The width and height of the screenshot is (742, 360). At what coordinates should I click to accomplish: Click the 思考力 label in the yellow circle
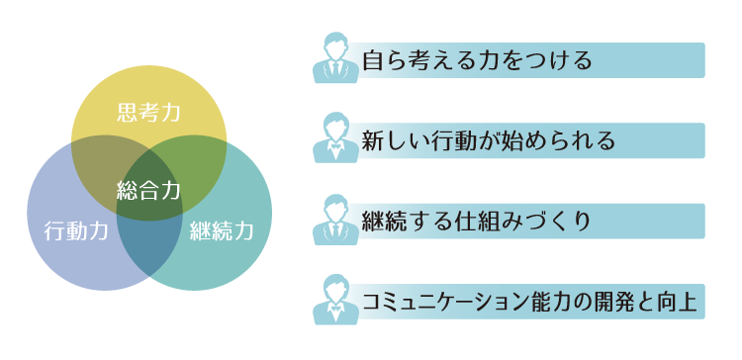[149, 112]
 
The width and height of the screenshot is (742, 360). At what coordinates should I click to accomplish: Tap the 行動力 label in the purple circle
[76, 232]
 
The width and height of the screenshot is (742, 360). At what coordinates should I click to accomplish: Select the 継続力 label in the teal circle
[222, 232]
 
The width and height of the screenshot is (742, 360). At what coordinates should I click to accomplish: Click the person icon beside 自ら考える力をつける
[336, 58]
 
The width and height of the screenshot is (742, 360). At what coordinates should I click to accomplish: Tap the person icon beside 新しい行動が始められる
[336, 138]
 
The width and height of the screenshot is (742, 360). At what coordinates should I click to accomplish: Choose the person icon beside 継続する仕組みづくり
[336, 220]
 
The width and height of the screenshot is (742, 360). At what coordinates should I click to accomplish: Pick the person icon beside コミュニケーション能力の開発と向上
[336, 300]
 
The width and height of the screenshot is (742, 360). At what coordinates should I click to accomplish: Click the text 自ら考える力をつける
[477, 61]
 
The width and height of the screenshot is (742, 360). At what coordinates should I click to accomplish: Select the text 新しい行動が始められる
[489, 141]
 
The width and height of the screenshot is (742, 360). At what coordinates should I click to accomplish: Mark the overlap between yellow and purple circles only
[99, 163]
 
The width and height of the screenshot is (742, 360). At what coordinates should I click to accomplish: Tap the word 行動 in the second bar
[451, 141]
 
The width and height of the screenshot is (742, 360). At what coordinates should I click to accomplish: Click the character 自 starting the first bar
[375, 61]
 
